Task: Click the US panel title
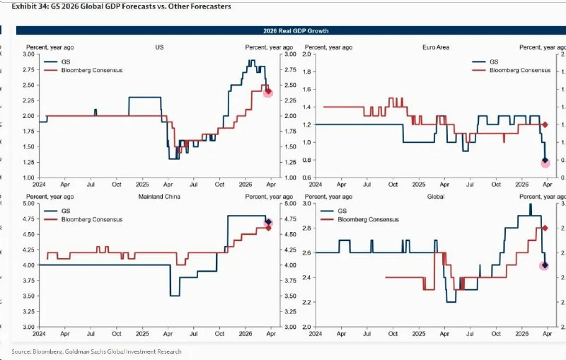(x=160, y=47)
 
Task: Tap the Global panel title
(x=437, y=196)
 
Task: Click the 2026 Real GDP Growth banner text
(x=290, y=31)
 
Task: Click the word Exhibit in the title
(x=26, y=6)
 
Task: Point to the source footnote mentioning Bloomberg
(x=96, y=352)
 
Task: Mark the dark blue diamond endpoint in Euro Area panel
(x=545, y=161)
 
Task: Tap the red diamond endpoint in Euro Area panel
(x=545, y=124)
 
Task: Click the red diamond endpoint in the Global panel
(x=545, y=228)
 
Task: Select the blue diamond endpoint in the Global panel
(x=544, y=265)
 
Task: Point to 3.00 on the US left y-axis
(x=28, y=54)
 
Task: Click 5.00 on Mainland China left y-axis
(x=28, y=203)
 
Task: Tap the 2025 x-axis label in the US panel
(x=141, y=183)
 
